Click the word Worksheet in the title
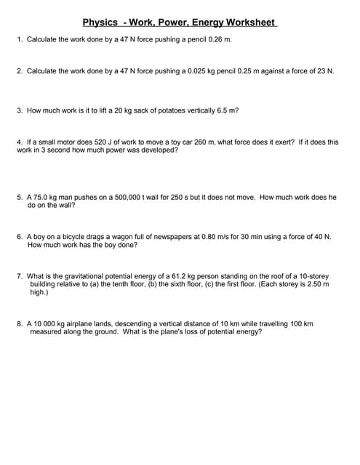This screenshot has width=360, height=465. (x=251, y=23)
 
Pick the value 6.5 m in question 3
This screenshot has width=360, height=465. (x=226, y=110)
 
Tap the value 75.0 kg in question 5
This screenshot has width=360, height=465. (x=47, y=197)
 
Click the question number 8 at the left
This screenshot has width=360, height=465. (x=19, y=323)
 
